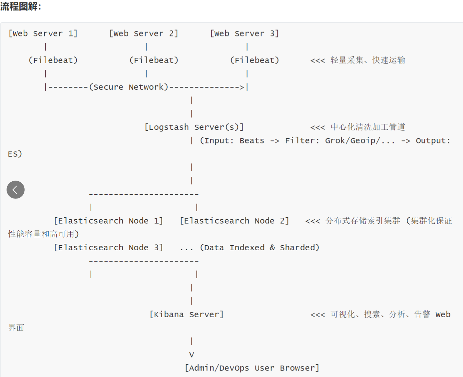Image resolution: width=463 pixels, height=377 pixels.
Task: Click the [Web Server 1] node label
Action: pos(43,33)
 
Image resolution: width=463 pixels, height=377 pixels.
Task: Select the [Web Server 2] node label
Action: pos(144,33)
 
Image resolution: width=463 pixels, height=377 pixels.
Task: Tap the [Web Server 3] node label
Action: pos(245,33)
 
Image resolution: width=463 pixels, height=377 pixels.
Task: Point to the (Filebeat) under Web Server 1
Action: pos(53,60)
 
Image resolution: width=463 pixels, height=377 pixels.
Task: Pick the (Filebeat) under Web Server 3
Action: pos(254,60)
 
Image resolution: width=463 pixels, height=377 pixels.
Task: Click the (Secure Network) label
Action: pos(129,87)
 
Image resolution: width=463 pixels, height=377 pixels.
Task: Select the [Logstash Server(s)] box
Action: pos(194,127)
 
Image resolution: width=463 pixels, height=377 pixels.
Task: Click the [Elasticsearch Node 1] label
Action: pos(108,220)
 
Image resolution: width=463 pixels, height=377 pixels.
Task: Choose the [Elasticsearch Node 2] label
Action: pos(234,220)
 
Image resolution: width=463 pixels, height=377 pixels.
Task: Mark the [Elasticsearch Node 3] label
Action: pos(108,247)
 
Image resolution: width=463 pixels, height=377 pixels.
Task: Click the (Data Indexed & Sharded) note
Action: pos(260,247)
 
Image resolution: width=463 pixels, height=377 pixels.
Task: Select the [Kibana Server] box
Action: pos(187,314)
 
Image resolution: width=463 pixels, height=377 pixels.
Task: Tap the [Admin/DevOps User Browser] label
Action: pos(252,368)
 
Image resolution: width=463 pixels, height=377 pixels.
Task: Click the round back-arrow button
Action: pos(15,190)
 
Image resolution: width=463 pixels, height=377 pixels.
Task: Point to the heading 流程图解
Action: pos(20,6)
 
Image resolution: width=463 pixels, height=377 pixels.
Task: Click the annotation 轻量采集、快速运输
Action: pos(368,60)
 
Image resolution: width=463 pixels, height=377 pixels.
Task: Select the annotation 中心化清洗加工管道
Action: pos(368,127)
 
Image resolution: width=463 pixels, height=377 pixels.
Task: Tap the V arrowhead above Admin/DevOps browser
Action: pos(192,354)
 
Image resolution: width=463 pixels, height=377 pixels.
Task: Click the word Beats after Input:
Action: pos(252,140)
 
